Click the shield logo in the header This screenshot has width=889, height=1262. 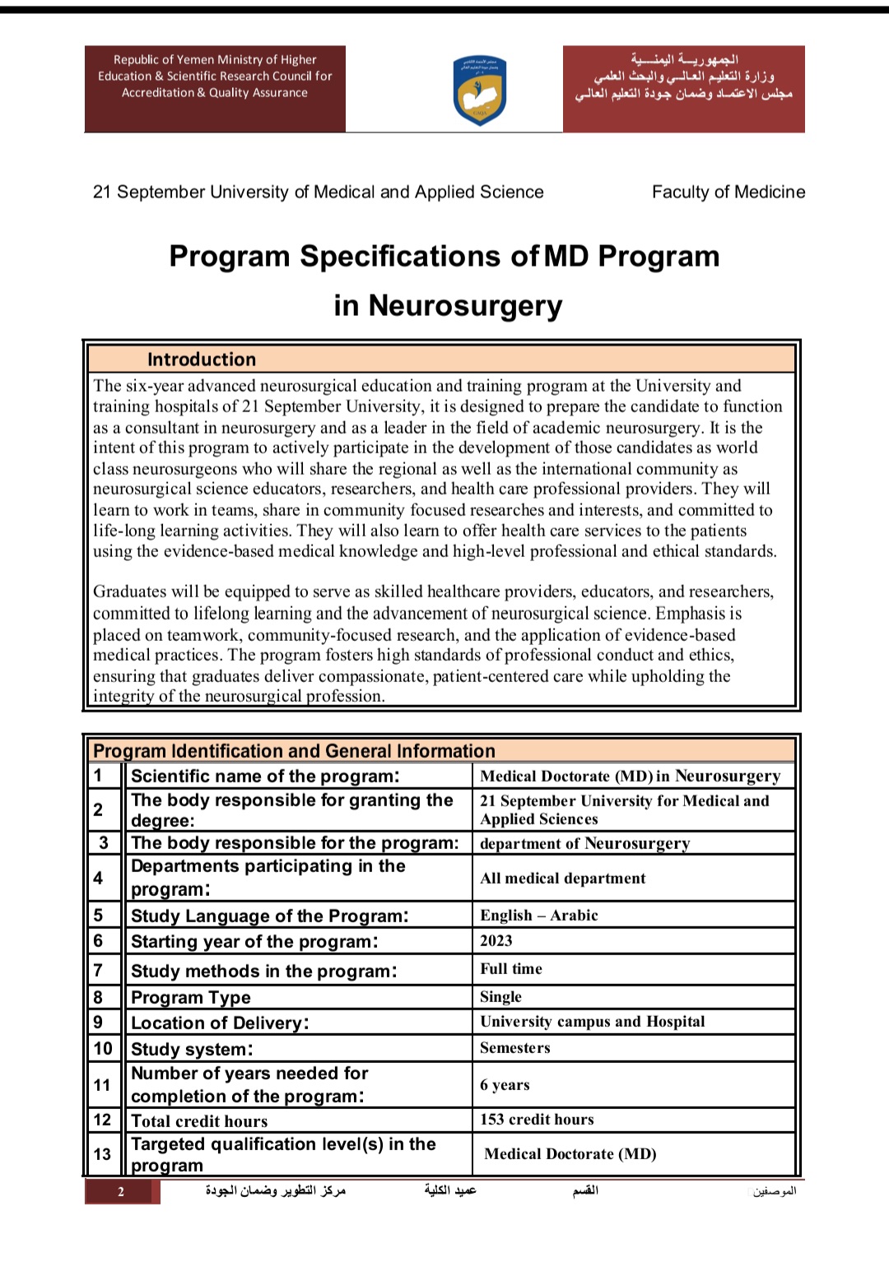(480, 90)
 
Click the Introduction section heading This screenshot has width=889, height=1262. (202, 360)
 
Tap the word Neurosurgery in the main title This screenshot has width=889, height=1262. (465, 305)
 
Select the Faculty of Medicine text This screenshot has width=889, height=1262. (728, 192)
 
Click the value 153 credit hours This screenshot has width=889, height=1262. (537, 1120)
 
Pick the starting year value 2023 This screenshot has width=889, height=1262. (496, 940)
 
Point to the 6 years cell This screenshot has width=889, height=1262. (505, 1084)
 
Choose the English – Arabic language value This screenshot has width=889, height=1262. (539, 915)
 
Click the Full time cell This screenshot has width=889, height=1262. (511, 968)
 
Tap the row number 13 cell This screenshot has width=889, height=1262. (102, 1154)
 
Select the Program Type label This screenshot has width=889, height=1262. (191, 997)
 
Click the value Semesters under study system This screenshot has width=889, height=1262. (515, 1047)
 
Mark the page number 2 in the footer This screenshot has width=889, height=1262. (121, 1191)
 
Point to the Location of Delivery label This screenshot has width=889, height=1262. (220, 1023)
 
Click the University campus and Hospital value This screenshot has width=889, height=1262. (593, 1021)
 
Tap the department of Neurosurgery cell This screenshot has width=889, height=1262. (585, 843)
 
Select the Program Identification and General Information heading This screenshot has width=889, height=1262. (294, 750)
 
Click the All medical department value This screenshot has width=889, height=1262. (563, 878)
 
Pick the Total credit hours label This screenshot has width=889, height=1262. (199, 1120)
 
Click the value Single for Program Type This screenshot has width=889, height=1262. (501, 996)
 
